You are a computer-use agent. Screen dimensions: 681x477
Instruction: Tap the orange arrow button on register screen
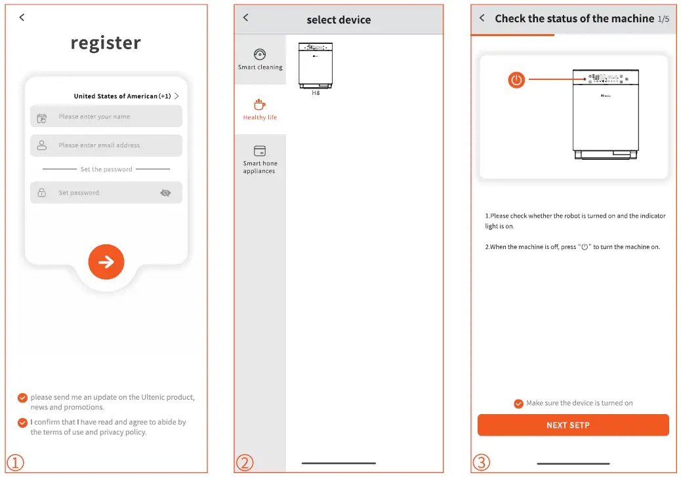[106, 262]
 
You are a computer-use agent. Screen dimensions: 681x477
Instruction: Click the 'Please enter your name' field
[106, 116]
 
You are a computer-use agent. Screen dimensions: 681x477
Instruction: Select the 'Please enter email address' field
[106, 145]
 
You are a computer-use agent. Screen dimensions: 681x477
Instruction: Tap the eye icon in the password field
[165, 193]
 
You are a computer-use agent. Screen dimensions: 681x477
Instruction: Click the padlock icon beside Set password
[42, 193]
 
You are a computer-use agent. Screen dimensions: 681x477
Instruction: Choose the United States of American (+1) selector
[127, 96]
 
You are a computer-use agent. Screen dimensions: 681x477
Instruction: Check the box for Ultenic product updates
[22, 398]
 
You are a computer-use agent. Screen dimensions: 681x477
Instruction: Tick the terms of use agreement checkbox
[22, 423]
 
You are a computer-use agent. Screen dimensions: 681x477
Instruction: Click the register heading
[106, 43]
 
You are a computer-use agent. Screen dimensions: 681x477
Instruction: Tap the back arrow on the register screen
[22, 17]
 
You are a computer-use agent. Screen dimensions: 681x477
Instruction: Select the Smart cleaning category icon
[260, 54]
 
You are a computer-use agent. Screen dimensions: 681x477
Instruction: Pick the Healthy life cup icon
[260, 104]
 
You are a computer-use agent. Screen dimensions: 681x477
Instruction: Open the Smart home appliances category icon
[260, 151]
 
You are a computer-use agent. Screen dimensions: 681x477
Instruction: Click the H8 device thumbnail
[316, 66]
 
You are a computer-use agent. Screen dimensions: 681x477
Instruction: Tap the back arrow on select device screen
[246, 17]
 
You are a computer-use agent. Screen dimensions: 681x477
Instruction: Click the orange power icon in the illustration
[516, 80]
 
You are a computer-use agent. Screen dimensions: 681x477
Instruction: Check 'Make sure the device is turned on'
[518, 404]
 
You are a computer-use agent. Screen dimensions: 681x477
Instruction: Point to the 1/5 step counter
[663, 19]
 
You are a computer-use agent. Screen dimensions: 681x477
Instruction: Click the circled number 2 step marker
[245, 463]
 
